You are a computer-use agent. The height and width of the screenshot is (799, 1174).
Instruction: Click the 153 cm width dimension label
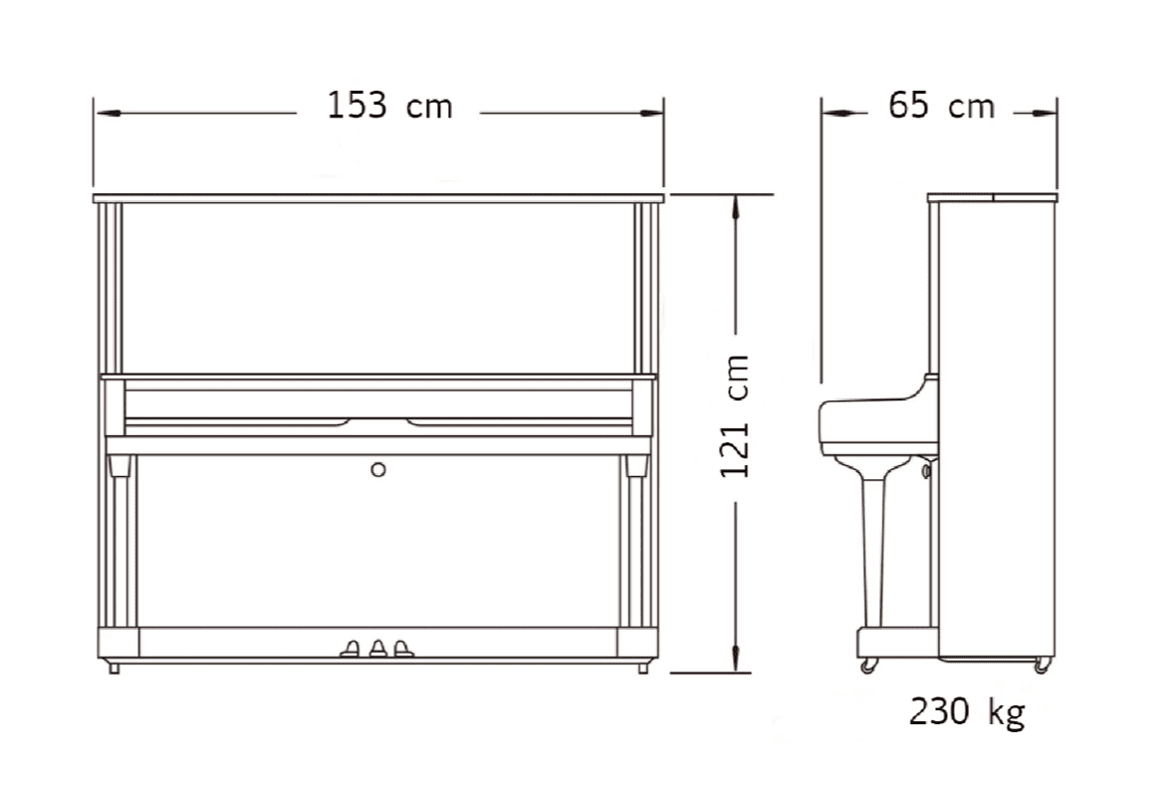[390, 106]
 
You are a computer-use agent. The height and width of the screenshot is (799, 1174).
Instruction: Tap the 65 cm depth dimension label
[941, 105]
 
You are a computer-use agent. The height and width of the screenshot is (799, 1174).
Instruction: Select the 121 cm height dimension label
[735, 416]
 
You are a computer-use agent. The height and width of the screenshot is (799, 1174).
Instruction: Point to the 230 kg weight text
[967, 711]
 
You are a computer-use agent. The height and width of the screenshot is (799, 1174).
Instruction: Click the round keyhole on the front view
[378, 469]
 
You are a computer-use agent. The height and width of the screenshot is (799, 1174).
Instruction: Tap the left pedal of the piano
[351, 649]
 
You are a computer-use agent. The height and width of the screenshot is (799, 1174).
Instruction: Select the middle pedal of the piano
[377, 649]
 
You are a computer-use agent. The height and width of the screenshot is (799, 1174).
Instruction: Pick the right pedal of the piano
[403, 649]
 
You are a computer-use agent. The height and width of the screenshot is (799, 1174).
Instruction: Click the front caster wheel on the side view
[867, 666]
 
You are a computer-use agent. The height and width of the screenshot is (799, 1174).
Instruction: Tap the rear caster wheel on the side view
[1042, 665]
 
